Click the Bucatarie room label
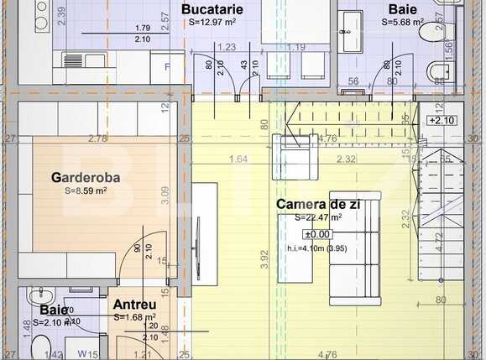click(212, 9)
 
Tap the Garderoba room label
click(86, 178)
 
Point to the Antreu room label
click(133, 305)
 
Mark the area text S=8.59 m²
click(86, 190)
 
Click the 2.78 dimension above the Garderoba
click(97, 138)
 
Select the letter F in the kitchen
click(167, 65)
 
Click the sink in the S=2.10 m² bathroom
click(38, 296)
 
